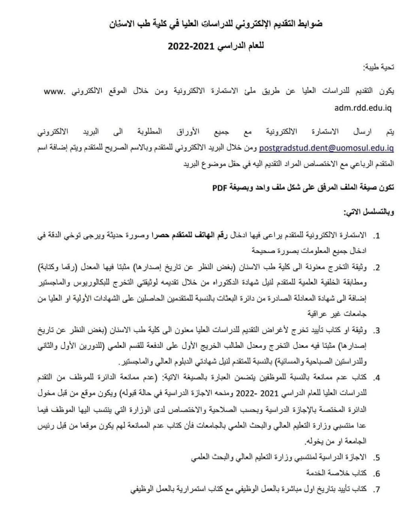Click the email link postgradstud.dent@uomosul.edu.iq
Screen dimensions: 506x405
[x=327, y=149]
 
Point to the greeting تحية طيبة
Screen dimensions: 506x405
[x=379, y=68]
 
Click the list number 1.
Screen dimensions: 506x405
[x=376, y=236]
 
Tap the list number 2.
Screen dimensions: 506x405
[x=376, y=268]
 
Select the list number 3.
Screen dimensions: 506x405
[x=376, y=331]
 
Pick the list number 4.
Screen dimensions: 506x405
[x=376, y=378]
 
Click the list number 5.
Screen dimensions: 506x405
[x=376, y=458]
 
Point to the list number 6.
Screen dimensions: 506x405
[x=376, y=474]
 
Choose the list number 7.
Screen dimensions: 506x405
[x=376, y=490]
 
